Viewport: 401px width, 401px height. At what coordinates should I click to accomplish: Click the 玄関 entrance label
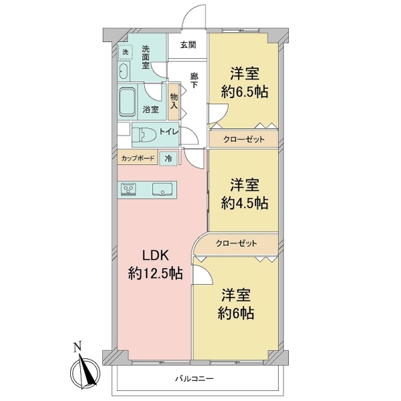[x=188, y=45]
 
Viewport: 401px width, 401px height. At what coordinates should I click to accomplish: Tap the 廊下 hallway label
[x=194, y=80]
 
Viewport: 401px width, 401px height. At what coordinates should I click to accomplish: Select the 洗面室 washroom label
[x=146, y=57]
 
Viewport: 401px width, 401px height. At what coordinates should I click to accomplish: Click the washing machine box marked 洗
[x=126, y=52]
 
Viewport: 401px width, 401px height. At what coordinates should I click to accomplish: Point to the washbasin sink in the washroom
[x=124, y=71]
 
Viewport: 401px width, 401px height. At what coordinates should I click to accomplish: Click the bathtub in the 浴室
[x=128, y=102]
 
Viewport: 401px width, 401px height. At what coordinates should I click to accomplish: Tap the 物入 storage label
[x=174, y=102]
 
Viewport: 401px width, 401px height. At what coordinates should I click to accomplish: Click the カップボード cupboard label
[x=138, y=158]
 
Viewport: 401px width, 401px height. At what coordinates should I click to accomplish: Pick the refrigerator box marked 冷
[x=168, y=158]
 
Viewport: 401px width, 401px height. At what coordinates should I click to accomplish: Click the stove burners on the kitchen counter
[x=128, y=190]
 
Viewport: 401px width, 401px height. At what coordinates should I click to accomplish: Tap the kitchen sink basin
[x=162, y=190]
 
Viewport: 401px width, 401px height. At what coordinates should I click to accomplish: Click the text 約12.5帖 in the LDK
[x=156, y=273]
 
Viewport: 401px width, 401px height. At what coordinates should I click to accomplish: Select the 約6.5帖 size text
[x=245, y=92]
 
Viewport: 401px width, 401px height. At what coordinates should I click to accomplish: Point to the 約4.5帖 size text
[x=245, y=203]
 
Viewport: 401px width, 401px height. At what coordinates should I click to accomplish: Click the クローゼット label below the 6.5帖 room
[x=244, y=140]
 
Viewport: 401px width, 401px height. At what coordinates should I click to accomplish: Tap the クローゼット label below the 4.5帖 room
[x=236, y=243]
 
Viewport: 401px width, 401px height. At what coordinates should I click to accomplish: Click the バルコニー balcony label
[x=194, y=378]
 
